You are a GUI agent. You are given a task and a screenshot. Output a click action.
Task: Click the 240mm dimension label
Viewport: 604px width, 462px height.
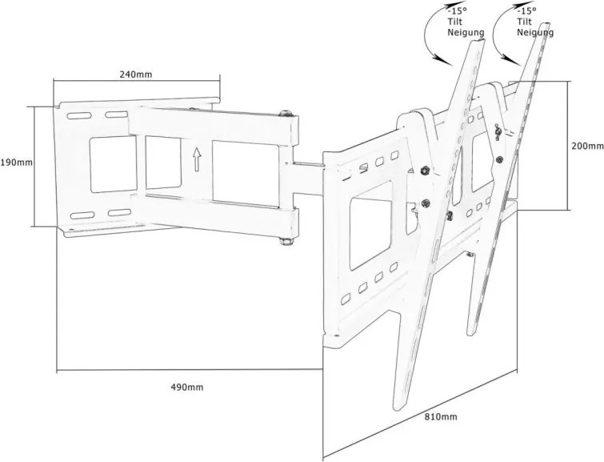point(136,74)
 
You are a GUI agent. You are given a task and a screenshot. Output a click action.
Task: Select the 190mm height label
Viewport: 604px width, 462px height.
point(17,163)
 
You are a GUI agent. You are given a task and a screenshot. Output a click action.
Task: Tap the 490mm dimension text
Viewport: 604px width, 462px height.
point(187,387)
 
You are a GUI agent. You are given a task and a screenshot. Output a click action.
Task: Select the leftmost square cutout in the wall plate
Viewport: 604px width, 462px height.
point(103,164)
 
